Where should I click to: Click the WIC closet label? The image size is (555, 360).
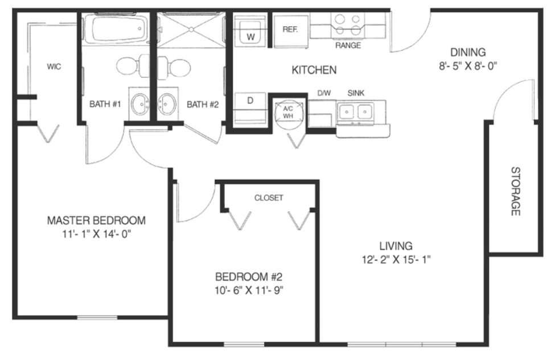pyautogui.click(x=54, y=66)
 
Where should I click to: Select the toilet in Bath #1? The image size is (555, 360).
pyautogui.click(x=133, y=66)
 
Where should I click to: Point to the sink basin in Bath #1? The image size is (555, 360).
pyautogui.click(x=140, y=104)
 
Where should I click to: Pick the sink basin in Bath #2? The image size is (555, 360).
pyautogui.click(x=167, y=104)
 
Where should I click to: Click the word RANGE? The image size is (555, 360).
pyautogui.click(x=348, y=45)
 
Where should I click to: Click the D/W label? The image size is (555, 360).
pyautogui.click(x=324, y=93)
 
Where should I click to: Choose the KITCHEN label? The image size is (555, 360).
pyautogui.click(x=314, y=70)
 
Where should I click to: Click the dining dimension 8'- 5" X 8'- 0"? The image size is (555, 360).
pyautogui.click(x=468, y=66)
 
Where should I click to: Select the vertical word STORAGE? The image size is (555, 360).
pyautogui.click(x=515, y=191)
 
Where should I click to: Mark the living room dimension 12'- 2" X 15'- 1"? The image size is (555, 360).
pyautogui.click(x=396, y=259)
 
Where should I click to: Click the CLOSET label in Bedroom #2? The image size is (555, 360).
pyautogui.click(x=269, y=198)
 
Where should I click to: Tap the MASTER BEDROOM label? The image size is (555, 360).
pyautogui.click(x=96, y=220)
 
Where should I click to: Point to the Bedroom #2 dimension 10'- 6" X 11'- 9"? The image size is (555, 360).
pyautogui.click(x=249, y=291)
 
